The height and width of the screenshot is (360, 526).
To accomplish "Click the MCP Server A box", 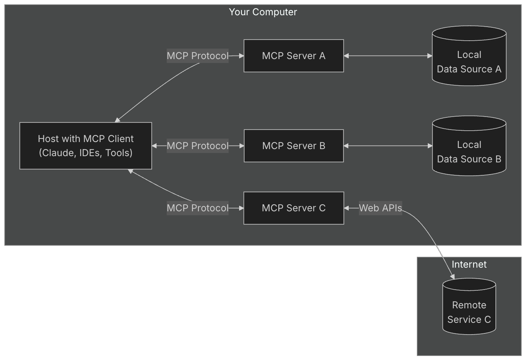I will (x=294, y=56).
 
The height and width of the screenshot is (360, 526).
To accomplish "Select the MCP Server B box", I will (x=294, y=146).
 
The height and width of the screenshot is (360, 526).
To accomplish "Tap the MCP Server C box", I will (x=294, y=208).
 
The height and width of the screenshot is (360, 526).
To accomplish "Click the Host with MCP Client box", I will (x=86, y=146).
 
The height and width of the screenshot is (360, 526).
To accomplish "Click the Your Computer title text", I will (x=263, y=12).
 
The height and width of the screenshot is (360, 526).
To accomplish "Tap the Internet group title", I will (x=469, y=265).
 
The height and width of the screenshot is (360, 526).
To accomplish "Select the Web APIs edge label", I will (x=380, y=208).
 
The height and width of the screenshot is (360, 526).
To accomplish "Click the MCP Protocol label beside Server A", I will (x=197, y=56).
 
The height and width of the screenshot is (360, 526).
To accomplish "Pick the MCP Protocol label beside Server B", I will (x=197, y=146).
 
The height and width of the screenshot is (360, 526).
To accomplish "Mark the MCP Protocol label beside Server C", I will (x=197, y=208).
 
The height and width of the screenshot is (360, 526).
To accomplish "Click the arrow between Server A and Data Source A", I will (x=388, y=56).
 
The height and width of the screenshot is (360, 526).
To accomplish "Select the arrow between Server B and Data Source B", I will (x=388, y=146).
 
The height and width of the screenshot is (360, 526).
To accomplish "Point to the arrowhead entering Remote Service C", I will (x=452, y=277).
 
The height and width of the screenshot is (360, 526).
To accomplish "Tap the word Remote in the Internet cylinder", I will (x=469, y=305).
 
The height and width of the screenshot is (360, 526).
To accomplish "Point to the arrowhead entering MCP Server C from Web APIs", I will (x=346, y=208).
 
